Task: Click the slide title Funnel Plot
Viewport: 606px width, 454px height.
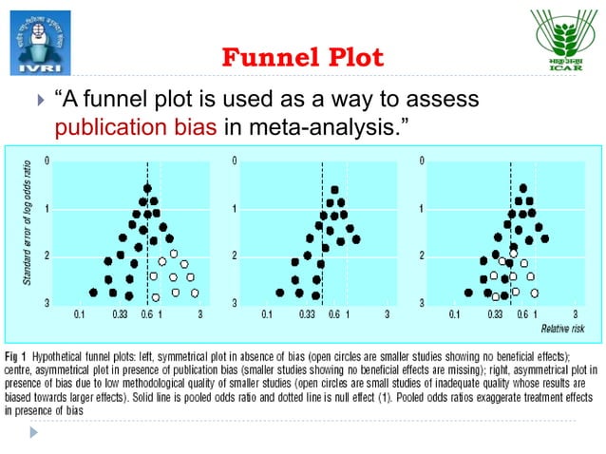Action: (302, 58)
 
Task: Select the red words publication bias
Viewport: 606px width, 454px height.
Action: (137, 129)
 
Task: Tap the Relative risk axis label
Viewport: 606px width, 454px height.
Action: (563, 328)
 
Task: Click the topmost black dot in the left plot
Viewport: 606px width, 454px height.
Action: (147, 188)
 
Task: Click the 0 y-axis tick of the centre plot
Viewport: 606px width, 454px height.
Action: (235, 160)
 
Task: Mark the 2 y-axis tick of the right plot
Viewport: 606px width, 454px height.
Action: (421, 255)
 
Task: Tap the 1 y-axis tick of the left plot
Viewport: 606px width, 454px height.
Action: (47, 208)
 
